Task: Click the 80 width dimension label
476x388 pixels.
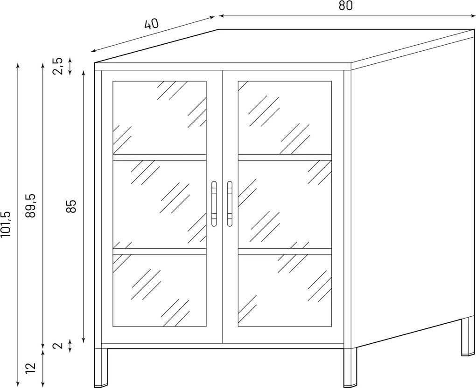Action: (345, 6)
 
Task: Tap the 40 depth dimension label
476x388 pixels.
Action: (152, 24)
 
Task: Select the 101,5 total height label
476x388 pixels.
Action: (6, 224)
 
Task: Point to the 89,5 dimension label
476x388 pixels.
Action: (31, 205)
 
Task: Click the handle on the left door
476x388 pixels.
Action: (214, 204)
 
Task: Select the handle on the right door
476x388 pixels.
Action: (230, 204)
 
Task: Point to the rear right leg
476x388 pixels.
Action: (468, 336)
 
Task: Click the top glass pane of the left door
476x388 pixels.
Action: (160, 117)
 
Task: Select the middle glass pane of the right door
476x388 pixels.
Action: (285, 204)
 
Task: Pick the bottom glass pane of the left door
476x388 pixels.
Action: (160, 291)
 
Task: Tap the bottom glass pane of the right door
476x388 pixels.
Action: (285, 291)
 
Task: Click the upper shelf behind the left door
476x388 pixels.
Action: (160, 157)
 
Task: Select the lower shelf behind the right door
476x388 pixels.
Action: (285, 252)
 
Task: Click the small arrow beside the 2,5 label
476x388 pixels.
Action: (70, 66)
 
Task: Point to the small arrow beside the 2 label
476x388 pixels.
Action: (70, 346)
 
